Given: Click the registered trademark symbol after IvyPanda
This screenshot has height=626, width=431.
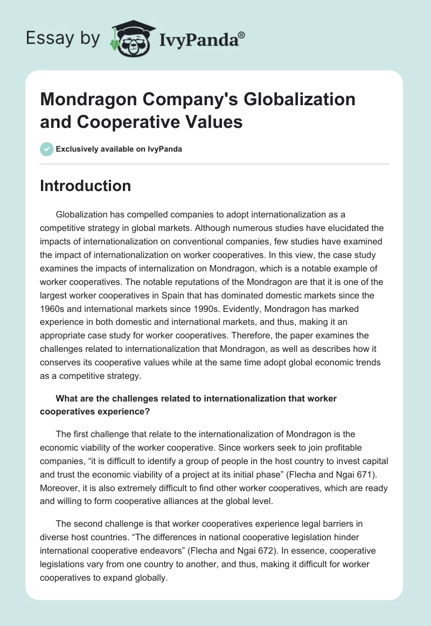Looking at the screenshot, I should click(242, 35).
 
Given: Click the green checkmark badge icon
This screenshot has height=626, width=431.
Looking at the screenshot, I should click(47, 149).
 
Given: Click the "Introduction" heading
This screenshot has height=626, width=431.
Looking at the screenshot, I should click(86, 186).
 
